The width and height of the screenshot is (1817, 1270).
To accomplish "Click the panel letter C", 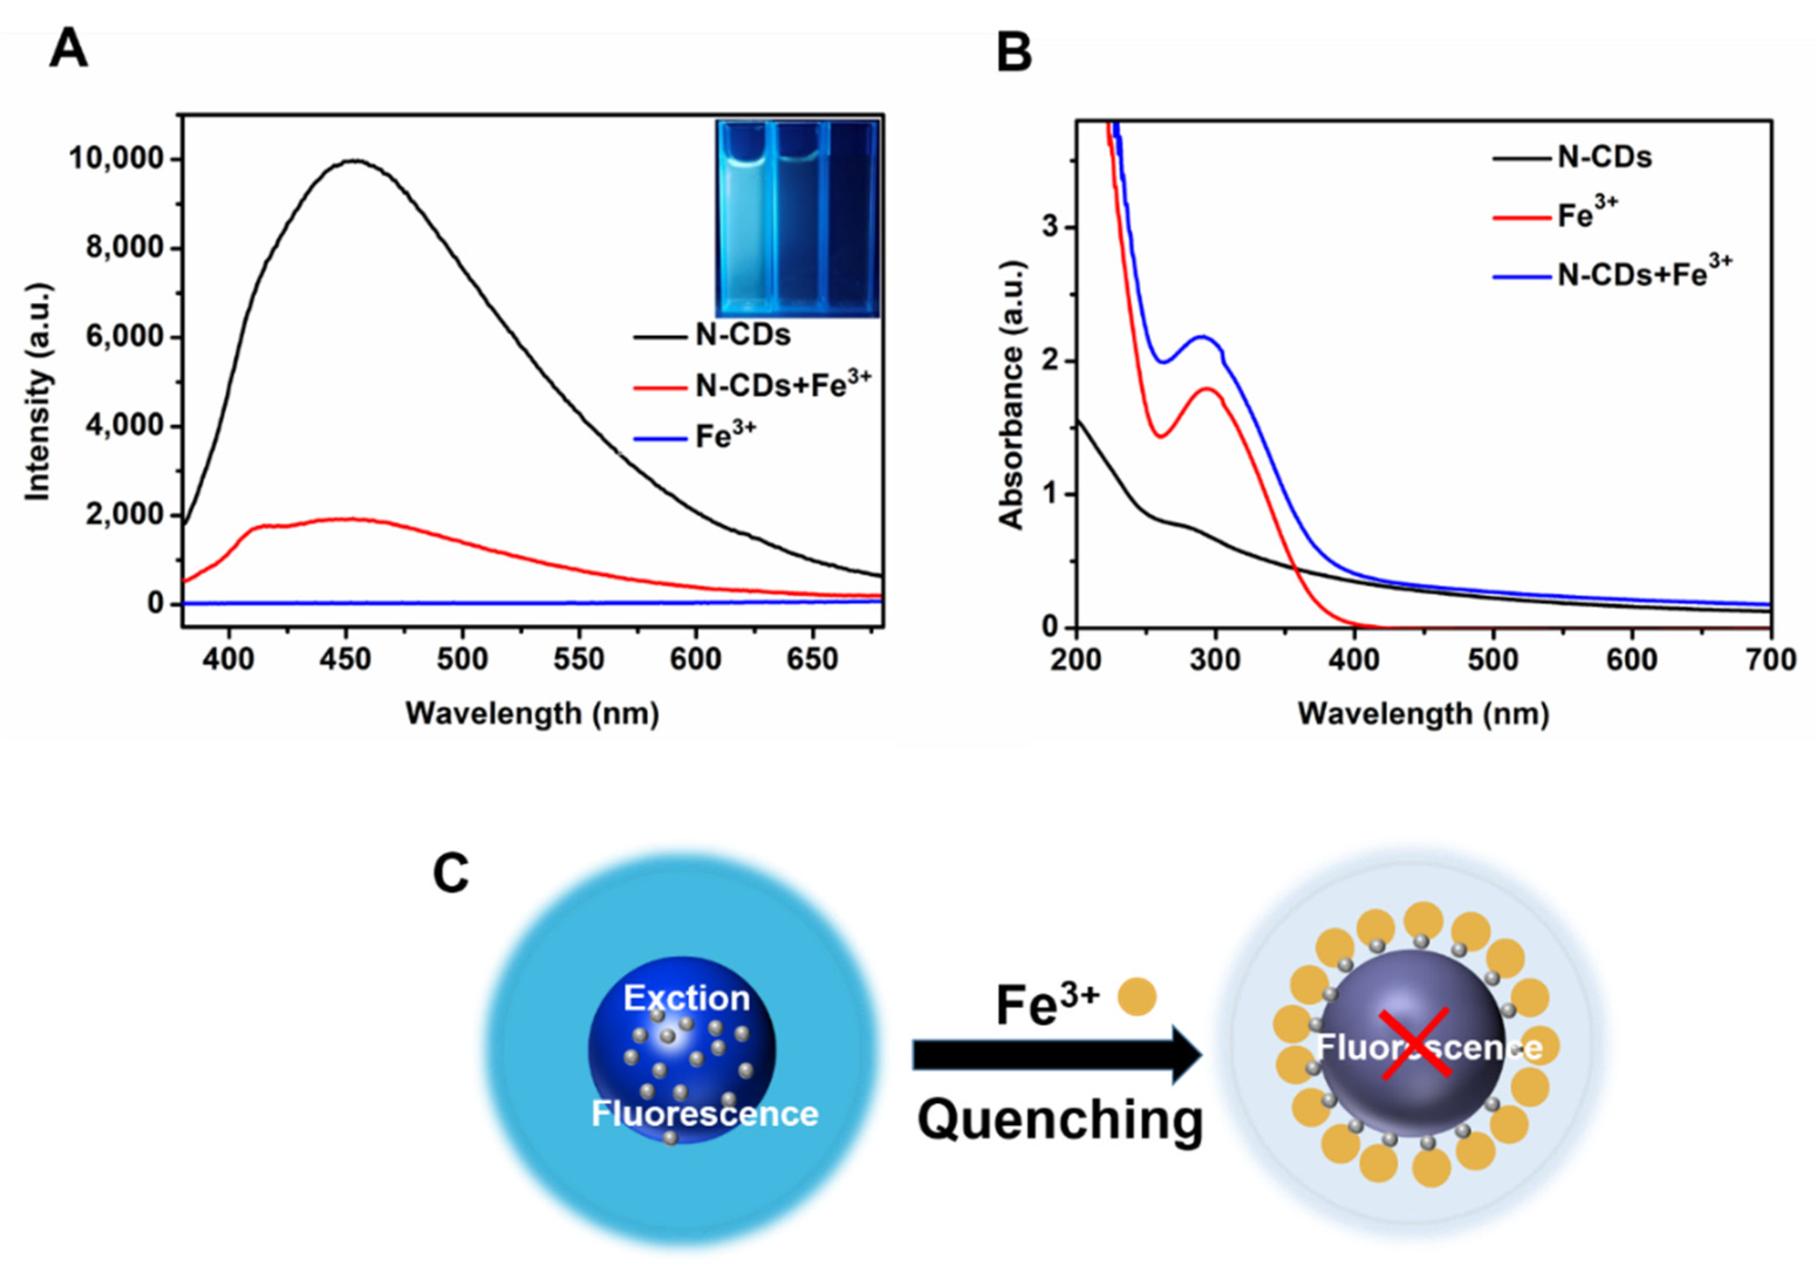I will pos(451,874).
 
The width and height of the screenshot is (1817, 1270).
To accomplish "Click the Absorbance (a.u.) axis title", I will pos(1011,393).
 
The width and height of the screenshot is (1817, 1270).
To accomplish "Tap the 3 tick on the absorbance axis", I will pos(1049,227).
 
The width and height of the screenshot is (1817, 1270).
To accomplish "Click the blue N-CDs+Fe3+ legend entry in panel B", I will pos(1642,275).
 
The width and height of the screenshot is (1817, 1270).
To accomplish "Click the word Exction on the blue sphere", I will pos(686,998).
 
